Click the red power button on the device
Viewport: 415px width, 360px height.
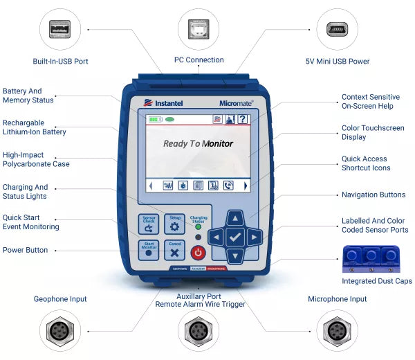tap(199, 252)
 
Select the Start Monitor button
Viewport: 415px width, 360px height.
tap(149, 249)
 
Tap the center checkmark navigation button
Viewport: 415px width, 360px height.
tap(235, 237)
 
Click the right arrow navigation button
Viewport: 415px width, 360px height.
tap(255, 237)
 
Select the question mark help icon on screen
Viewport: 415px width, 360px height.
tap(242, 119)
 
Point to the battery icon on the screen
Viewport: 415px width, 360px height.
tap(154, 119)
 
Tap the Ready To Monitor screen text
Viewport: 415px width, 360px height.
tap(198, 144)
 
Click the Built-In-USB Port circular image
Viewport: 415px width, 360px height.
tap(61, 29)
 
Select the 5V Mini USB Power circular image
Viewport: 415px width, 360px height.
tap(337, 29)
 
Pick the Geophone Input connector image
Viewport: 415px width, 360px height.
tap(61, 328)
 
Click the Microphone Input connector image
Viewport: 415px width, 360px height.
tap(337, 328)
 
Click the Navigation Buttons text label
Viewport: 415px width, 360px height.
tap(373, 195)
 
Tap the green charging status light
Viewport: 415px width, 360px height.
tap(199, 226)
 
